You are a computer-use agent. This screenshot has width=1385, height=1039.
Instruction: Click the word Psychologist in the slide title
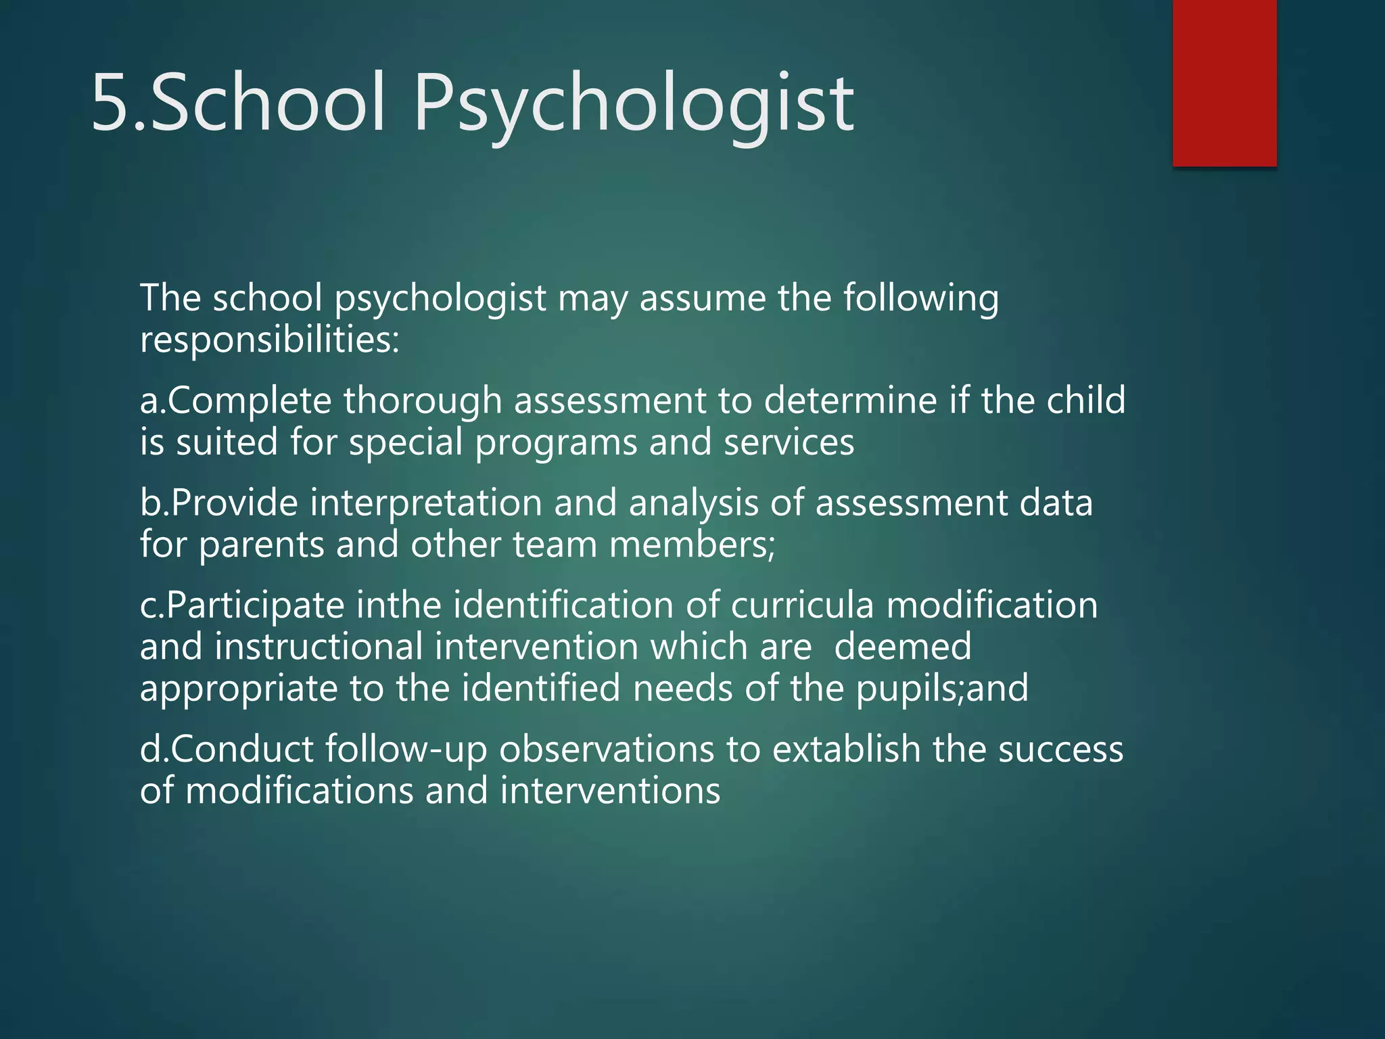pyautogui.click(x=633, y=105)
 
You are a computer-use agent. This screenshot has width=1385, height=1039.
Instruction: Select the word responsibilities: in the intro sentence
pyautogui.click(x=270, y=340)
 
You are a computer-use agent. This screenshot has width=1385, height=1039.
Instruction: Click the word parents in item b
pyautogui.click(x=262, y=545)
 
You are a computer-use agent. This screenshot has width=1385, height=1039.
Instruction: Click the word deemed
pyautogui.click(x=902, y=647)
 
